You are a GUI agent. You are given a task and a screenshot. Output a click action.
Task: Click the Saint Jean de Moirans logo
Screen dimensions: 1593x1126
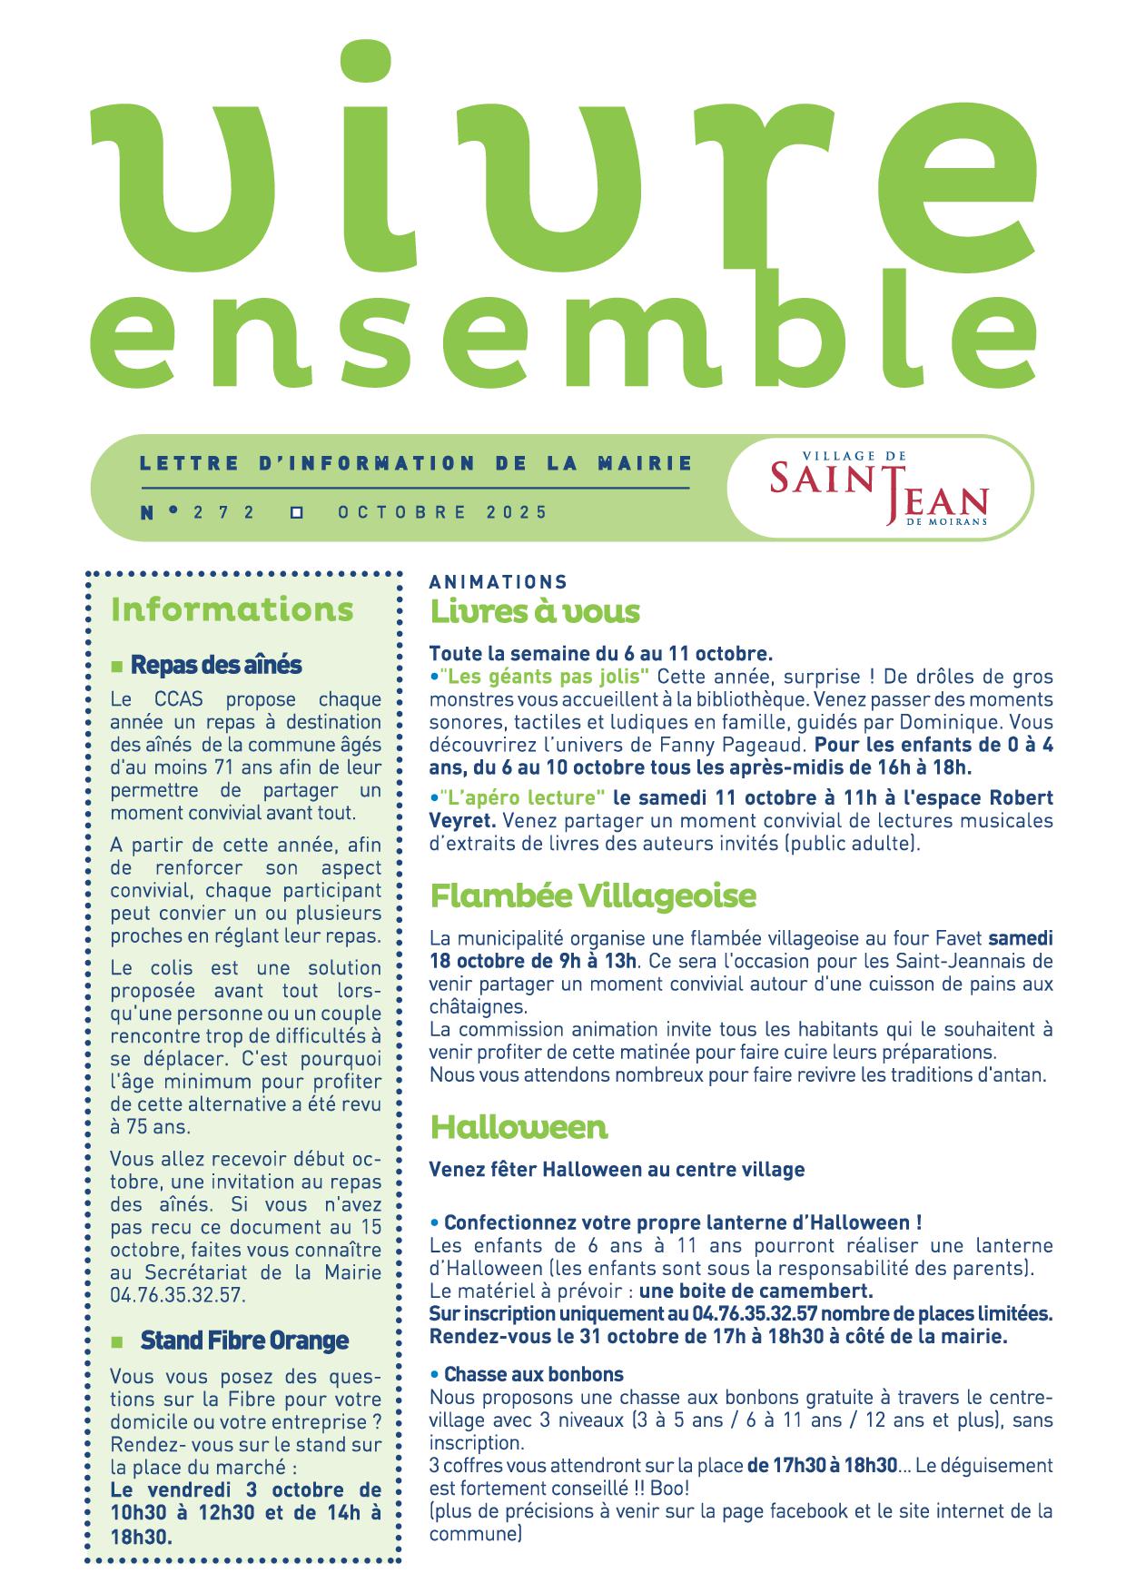[878, 488]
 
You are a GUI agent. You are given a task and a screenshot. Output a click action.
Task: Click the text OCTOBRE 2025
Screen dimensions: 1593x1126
[443, 512]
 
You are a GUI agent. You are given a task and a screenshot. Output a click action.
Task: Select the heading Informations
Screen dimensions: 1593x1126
[232, 609]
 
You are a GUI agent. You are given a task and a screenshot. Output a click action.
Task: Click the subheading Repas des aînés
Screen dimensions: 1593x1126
[216, 665]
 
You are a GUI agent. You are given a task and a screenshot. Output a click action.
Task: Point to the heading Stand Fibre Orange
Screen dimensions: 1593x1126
[244, 1341]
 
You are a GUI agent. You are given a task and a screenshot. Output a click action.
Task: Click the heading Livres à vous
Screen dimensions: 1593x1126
[535, 611]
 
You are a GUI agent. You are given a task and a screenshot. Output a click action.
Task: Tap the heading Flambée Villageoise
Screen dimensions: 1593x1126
[593, 896]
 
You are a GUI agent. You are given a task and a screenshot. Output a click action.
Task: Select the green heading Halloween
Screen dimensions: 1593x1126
[519, 1127]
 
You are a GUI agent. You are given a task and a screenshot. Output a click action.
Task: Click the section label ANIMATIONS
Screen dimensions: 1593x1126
[498, 582]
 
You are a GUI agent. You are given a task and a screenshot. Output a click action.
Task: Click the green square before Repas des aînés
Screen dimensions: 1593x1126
[116, 668]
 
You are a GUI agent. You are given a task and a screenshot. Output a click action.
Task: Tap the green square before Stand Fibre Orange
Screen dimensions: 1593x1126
[116, 1342]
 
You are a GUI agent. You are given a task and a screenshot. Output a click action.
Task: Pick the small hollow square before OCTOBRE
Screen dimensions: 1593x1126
[296, 513]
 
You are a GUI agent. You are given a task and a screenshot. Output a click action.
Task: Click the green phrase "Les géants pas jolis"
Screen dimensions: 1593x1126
[543, 677]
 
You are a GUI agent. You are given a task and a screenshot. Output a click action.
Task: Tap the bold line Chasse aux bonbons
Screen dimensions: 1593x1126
[534, 1375]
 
